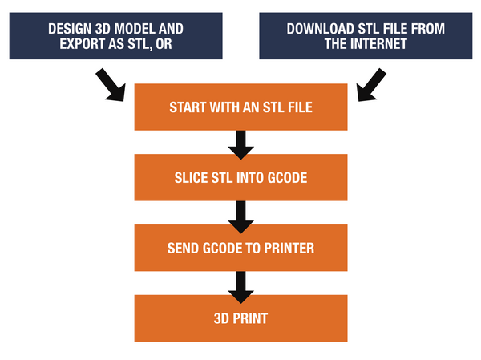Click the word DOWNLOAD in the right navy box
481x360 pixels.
tap(320, 29)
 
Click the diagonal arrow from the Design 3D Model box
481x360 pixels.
tap(111, 85)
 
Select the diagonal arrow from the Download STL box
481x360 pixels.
tap(371, 85)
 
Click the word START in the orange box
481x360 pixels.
tap(188, 107)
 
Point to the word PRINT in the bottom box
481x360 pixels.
tap(250, 318)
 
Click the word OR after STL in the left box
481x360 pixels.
tap(164, 44)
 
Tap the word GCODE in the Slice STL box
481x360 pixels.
tap(288, 178)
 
